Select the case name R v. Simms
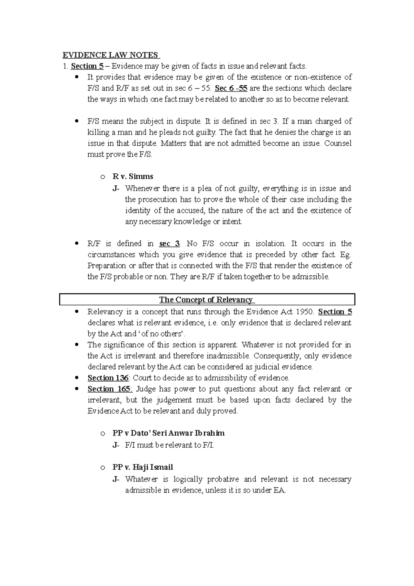click(x=133, y=177)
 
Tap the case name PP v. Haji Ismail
click(x=142, y=467)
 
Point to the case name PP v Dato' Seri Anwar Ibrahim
click(x=168, y=433)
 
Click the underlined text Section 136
click(x=108, y=378)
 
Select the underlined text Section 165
click(x=109, y=389)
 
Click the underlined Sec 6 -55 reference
click(x=231, y=88)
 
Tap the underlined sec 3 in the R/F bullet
click(x=169, y=244)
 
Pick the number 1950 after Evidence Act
click(x=305, y=312)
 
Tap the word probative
click(x=223, y=479)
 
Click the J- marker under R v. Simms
click(x=116, y=189)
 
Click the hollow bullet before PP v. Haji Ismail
click(x=102, y=468)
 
